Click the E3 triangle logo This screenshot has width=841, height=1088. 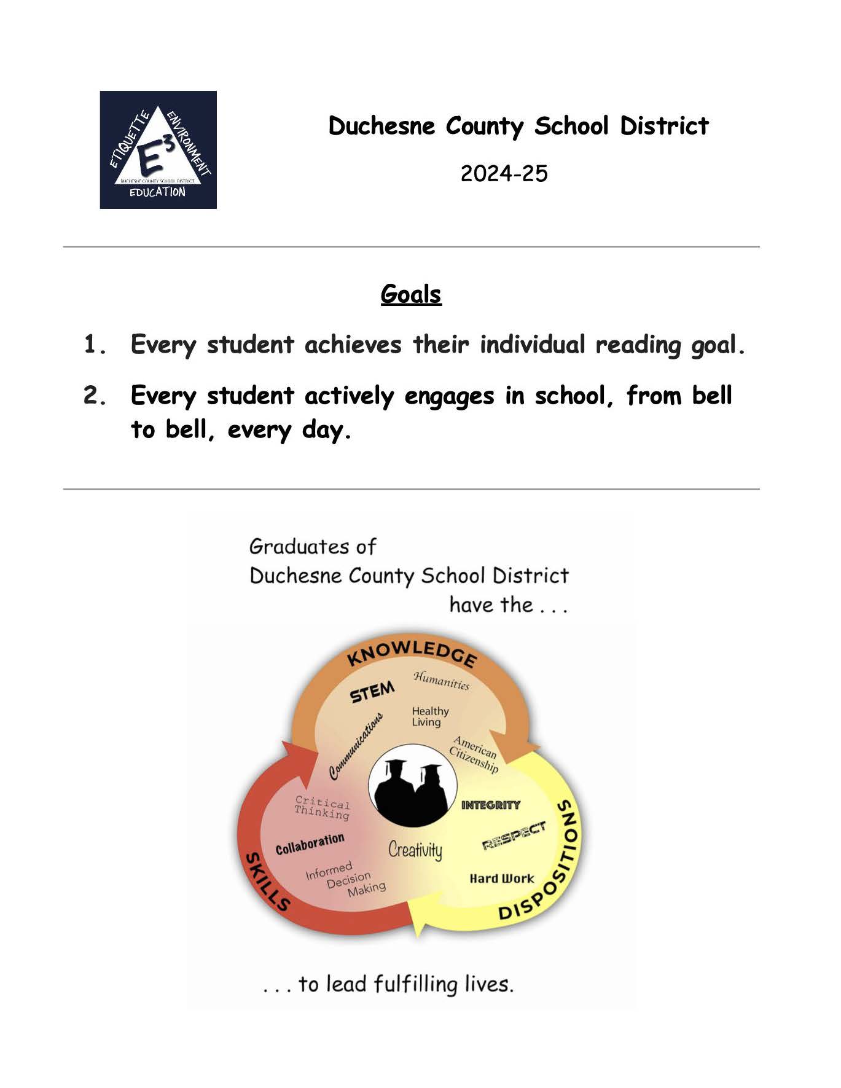pos(158,150)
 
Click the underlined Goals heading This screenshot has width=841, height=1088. pos(411,294)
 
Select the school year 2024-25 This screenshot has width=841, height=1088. pos(504,174)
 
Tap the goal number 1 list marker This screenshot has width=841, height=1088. pos(95,345)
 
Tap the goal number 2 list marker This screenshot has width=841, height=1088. pos(95,396)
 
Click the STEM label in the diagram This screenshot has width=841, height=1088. pos(372,692)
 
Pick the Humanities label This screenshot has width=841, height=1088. pos(441,681)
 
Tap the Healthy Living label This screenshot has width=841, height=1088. pos(430,716)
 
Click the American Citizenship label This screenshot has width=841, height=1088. pos(474,754)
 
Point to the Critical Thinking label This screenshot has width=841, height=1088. pos(322,808)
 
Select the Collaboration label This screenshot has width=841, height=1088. pos(310,845)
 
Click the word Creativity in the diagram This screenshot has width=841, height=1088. pos(415,850)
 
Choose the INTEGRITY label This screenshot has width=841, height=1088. pos(490,805)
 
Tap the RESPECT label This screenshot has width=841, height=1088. pos(514,836)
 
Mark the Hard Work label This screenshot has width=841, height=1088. pos(502,879)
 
